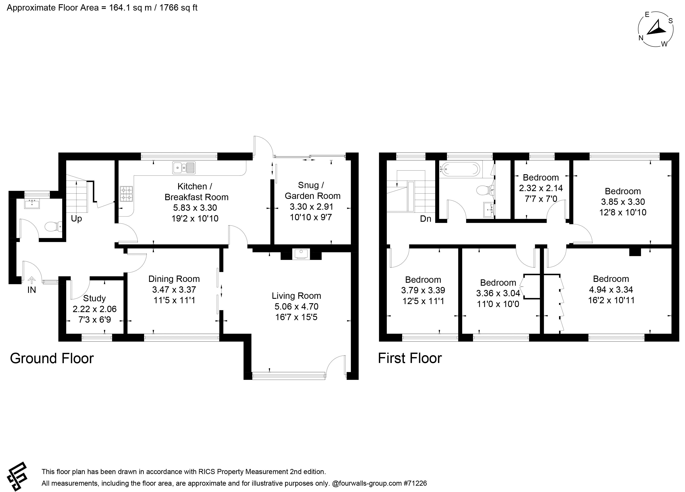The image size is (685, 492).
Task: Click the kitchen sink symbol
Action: [x=184, y=168]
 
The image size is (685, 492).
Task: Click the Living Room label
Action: [x=296, y=296]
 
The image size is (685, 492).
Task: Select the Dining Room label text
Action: [x=174, y=279]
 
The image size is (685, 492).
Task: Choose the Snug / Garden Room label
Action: [x=313, y=190]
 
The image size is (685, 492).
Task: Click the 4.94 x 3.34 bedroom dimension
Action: [x=611, y=289]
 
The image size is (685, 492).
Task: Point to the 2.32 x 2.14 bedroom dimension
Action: [x=541, y=188]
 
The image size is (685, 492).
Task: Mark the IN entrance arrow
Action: [x=32, y=280]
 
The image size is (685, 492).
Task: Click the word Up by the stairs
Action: [x=77, y=219]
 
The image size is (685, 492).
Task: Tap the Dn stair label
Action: [x=425, y=219]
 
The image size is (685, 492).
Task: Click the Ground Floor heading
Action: [x=52, y=358]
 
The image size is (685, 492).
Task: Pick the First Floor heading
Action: [x=410, y=358]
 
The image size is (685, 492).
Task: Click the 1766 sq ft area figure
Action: [x=178, y=8]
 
